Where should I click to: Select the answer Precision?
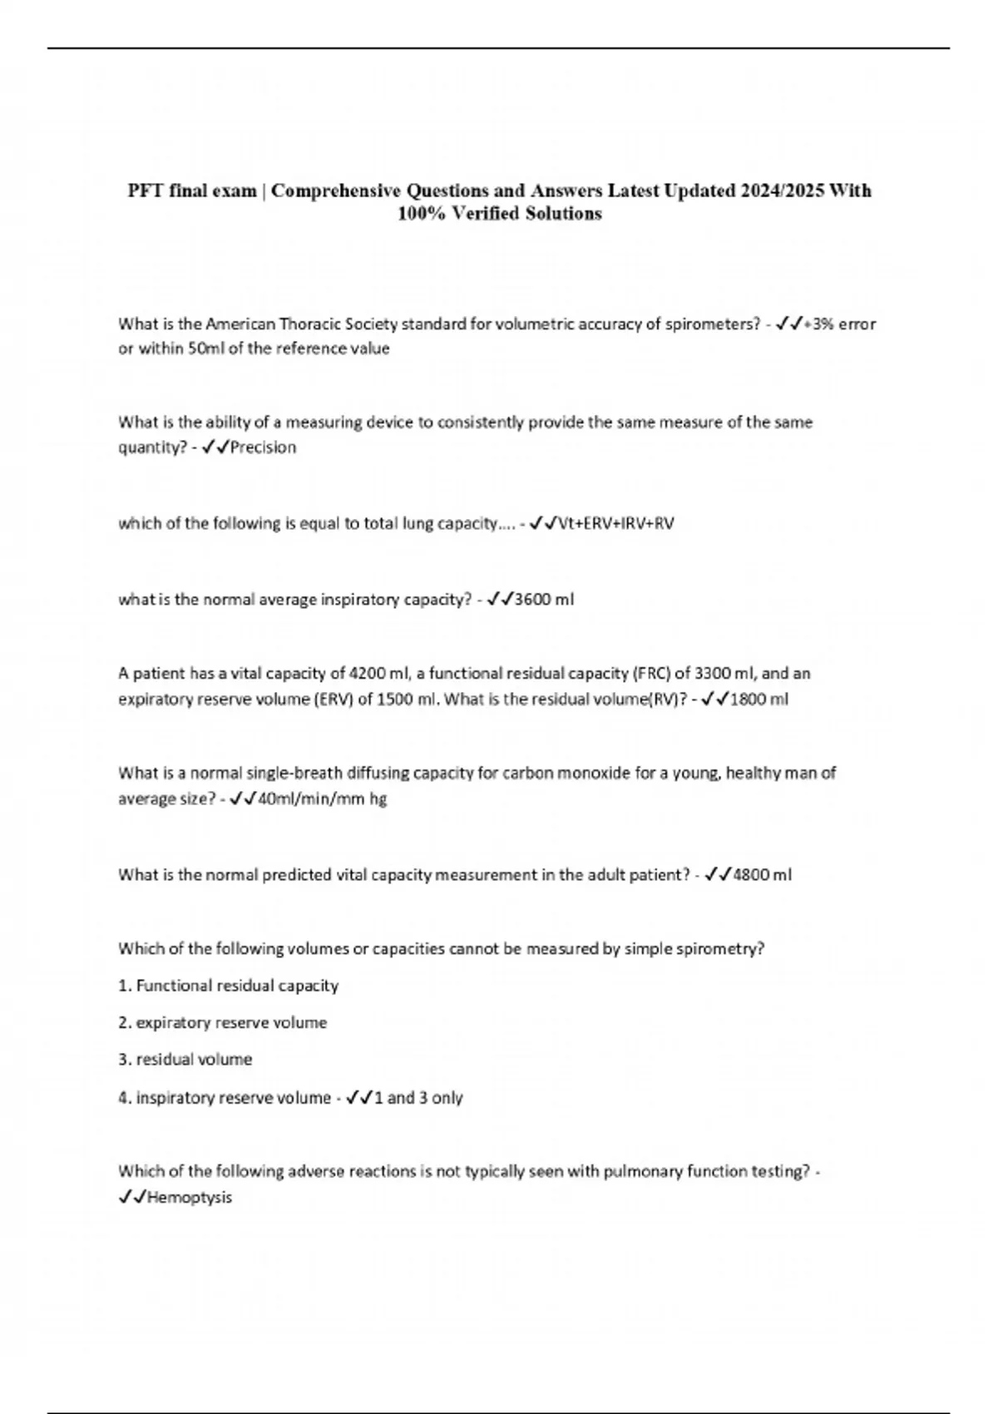pos(263,447)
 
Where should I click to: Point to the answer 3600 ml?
pos(545,599)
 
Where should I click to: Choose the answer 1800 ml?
pos(759,699)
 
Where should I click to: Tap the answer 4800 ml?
pos(763,874)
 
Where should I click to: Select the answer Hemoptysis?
pos(190,1197)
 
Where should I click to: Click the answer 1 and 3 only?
pos(418,1097)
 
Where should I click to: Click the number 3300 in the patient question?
pos(712,673)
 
